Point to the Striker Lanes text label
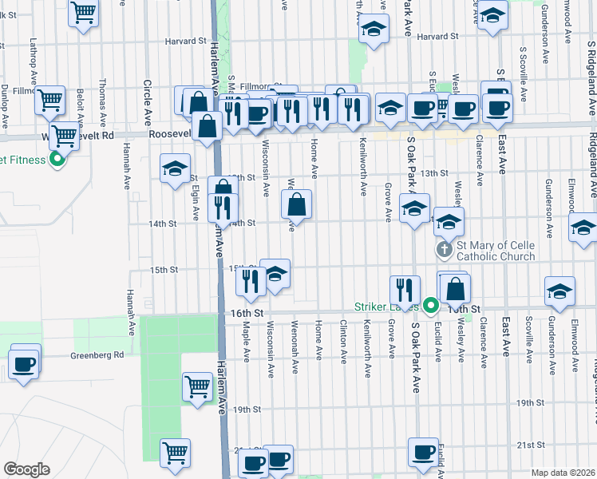[x=388, y=307]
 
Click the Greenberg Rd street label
[x=97, y=354]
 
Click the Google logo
[x=26, y=469]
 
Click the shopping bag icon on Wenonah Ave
[x=296, y=205]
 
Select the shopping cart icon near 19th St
[x=197, y=387]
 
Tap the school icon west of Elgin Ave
[x=175, y=168]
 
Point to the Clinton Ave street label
[x=343, y=338]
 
